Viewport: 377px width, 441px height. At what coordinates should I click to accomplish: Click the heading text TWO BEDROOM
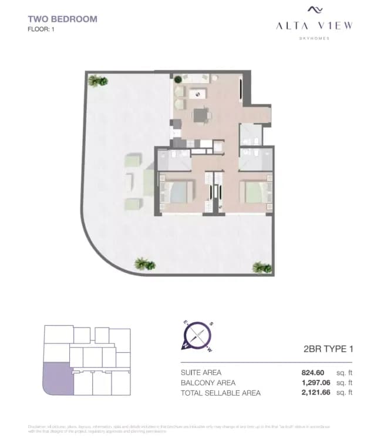tap(62, 19)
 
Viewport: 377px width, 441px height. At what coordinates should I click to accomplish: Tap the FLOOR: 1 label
tap(42, 29)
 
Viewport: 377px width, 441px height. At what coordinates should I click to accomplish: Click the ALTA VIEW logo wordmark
tap(315, 25)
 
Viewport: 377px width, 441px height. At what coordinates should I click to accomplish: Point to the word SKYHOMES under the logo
tap(315, 38)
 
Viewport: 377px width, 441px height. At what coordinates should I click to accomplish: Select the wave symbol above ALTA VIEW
tap(315, 10)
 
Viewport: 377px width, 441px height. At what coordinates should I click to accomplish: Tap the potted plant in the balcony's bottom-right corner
tap(262, 268)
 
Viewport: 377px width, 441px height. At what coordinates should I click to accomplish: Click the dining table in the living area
tap(203, 115)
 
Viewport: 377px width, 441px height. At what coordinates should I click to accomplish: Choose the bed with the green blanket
tap(254, 192)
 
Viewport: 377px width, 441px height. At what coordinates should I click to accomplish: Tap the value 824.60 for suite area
tap(312, 373)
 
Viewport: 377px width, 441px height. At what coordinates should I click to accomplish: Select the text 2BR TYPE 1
tap(325, 349)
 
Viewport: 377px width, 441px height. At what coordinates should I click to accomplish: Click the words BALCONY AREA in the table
tap(208, 383)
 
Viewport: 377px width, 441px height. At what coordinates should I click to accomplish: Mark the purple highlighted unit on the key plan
tap(57, 378)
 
